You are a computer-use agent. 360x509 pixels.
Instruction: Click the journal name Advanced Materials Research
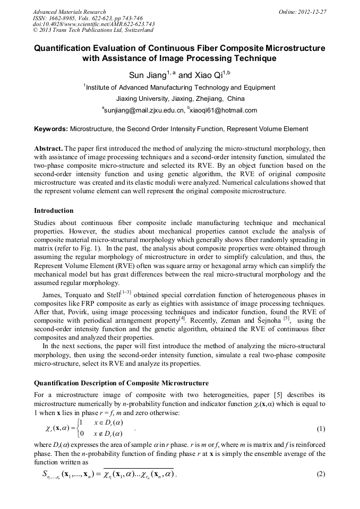[69, 12]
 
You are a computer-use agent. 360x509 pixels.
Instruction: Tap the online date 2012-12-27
[313, 12]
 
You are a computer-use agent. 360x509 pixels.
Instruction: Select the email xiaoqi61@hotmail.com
[223, 110]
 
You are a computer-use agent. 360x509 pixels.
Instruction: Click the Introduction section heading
[54, 210]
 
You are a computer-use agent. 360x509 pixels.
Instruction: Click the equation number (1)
[320, 428]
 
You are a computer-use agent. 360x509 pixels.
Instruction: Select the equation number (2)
[320, 474]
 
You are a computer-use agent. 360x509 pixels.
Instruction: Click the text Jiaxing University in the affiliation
[142, 99]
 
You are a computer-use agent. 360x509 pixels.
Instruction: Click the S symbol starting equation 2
[46, 473]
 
